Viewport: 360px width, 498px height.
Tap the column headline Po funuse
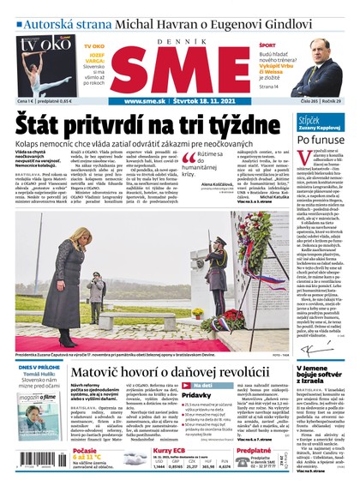(x=321, y=139)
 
